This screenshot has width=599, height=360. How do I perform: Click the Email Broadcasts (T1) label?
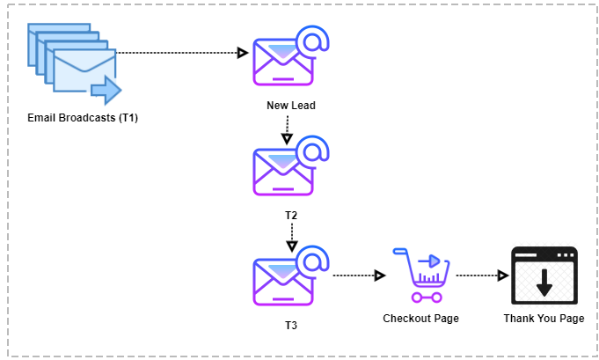(x=83, y=118)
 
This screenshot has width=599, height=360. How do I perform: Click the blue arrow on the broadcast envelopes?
(x=106, y=90)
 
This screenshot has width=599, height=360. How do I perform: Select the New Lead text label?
(x=291, y=106)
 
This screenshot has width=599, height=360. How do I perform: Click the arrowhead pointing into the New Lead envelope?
(x=243, y=53)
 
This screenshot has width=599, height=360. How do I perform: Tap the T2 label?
(x=291, y=216)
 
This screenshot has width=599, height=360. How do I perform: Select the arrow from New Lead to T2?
(x=288, y=130)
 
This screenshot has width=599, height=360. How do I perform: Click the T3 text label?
(x=291, y=326)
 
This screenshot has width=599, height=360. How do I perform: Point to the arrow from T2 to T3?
(x=292, y=238)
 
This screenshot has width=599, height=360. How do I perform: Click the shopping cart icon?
(x=421, y=276)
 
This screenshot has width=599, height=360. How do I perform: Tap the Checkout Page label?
(x=421, y=319)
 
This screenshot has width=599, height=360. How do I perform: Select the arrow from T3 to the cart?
(x=359, y=276)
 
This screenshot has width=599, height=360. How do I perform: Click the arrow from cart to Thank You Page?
(x=483, y=276)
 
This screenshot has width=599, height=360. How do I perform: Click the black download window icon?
(x=544, y=276)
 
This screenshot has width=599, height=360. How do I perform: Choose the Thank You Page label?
(x=544, y=319)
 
